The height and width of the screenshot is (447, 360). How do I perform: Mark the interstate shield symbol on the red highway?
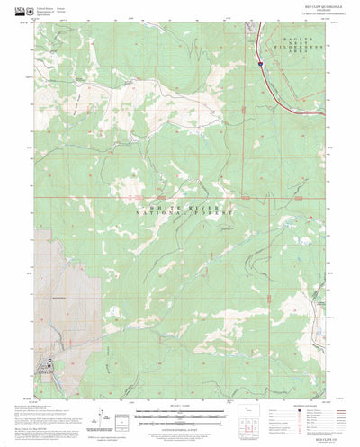[x=259, y=64]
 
